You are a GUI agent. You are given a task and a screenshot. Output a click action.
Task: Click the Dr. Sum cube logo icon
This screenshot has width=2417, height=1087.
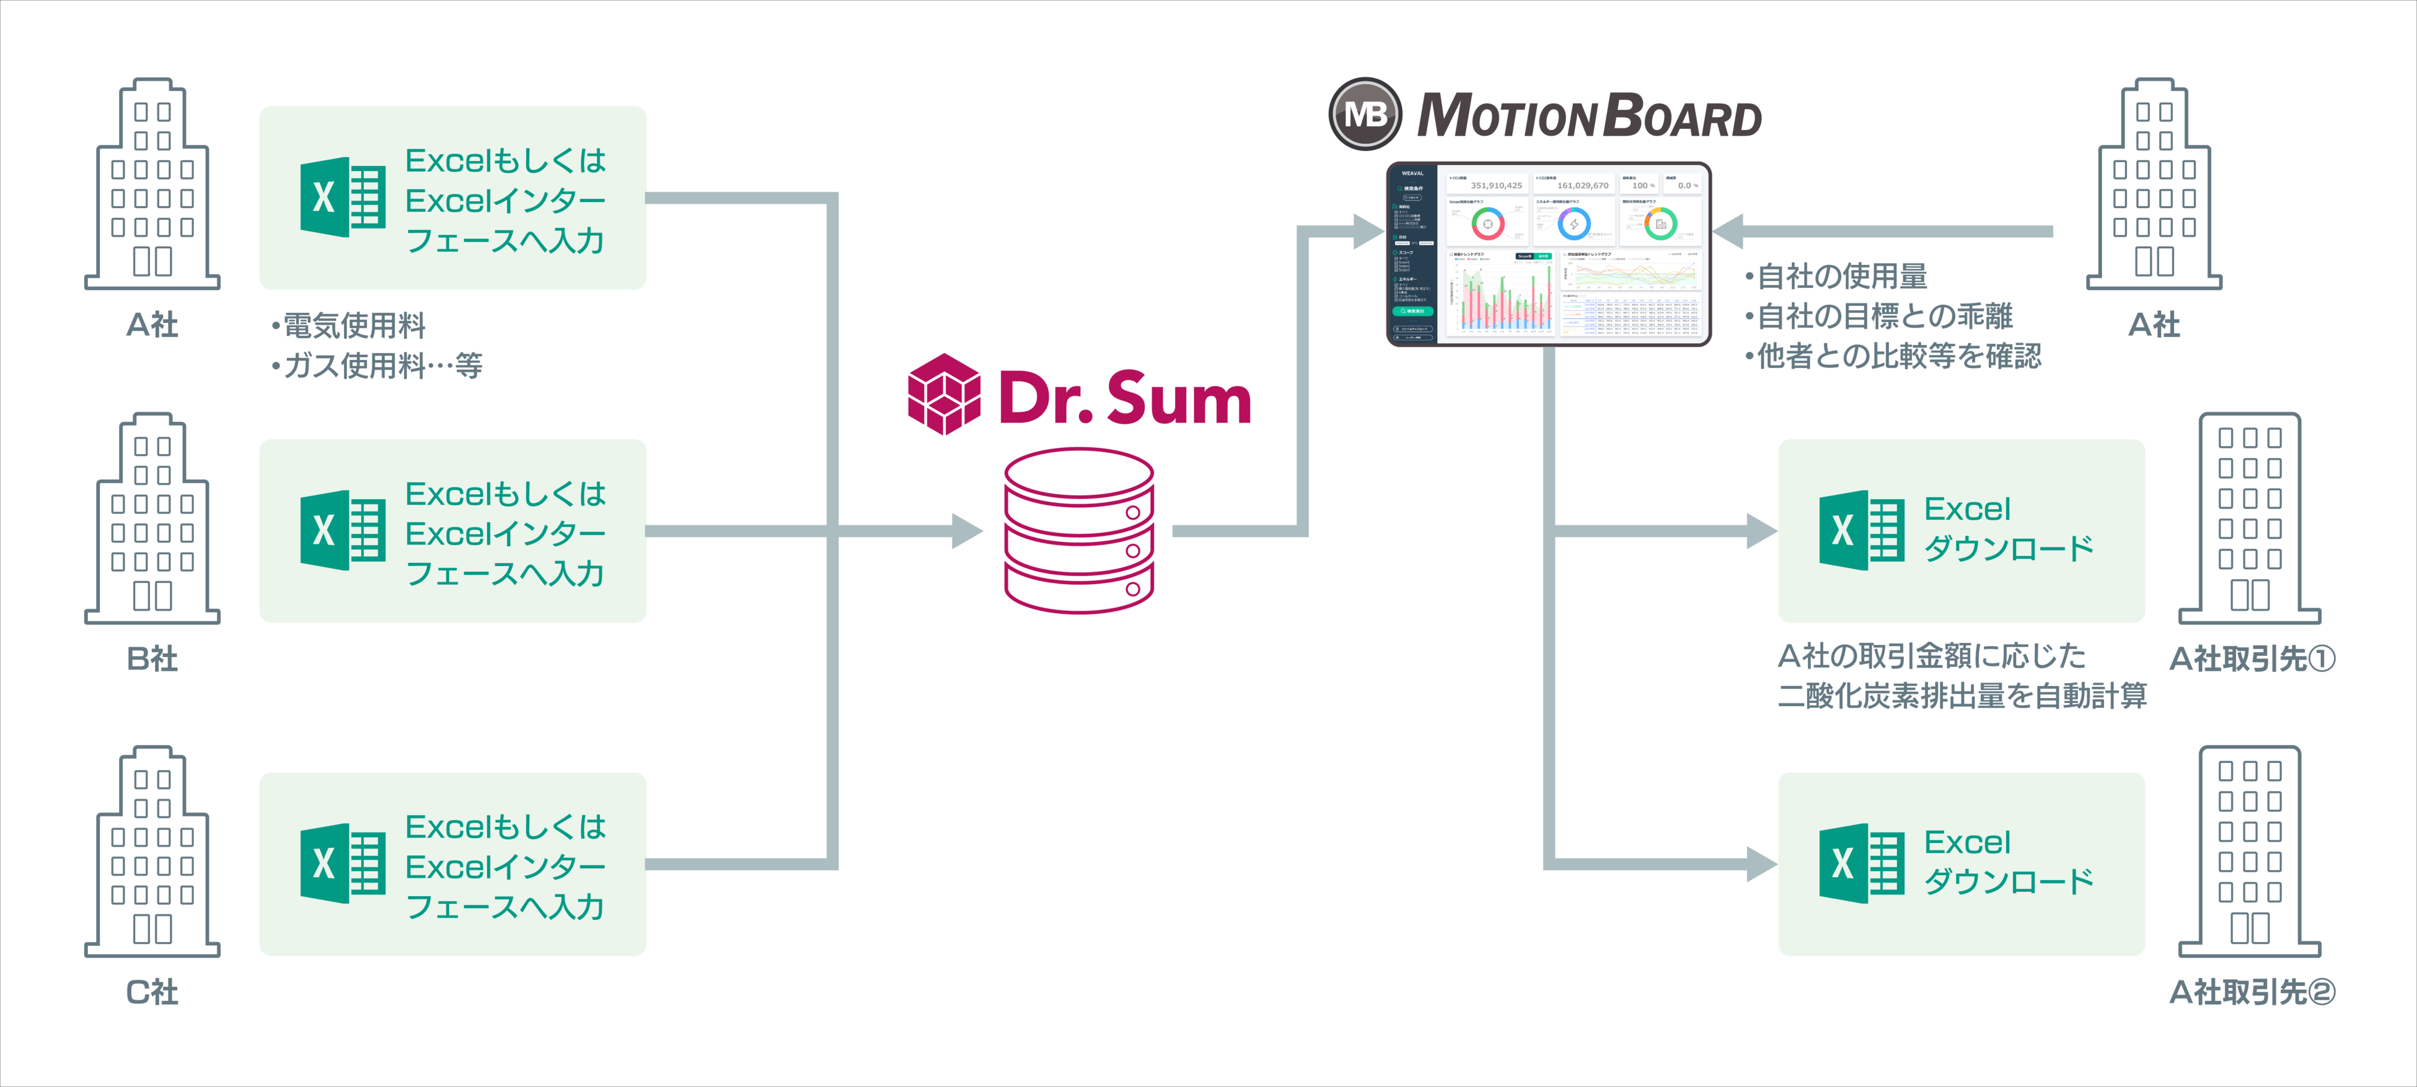944,394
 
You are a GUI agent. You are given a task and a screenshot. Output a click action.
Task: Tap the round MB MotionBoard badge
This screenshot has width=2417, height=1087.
1365,115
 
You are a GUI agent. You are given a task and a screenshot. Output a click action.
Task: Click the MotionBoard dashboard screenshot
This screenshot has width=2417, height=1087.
1548,254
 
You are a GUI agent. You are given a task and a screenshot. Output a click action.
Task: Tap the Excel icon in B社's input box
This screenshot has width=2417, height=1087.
343,531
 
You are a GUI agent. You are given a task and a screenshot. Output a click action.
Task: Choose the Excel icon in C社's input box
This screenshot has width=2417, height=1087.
343,864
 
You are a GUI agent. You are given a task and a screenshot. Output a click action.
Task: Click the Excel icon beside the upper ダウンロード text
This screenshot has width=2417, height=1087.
1862,531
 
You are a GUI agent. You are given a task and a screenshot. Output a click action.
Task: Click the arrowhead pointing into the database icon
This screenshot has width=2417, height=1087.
966,531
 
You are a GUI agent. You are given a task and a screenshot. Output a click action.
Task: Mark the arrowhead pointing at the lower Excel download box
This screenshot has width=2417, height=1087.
1759,864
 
